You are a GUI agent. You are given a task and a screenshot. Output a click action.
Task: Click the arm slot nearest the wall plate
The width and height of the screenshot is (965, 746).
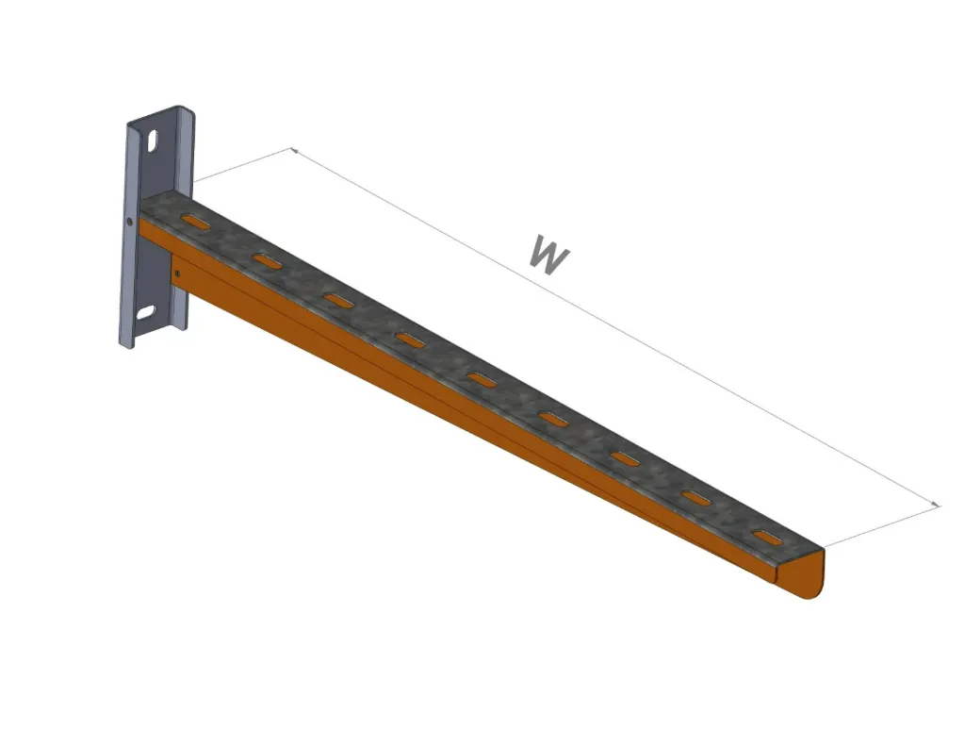click(197, 223)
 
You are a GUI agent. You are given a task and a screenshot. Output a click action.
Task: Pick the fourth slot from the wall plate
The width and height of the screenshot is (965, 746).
click(410, 340)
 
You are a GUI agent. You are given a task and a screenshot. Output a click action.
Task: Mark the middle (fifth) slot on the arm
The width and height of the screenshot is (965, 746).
click(482, 379)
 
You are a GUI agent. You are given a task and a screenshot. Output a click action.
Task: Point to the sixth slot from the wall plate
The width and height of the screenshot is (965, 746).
click(554, 419)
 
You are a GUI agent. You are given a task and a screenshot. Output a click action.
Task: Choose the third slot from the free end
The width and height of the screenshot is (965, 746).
click(625, 458)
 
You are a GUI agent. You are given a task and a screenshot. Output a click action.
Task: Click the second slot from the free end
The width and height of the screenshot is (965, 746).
click(696, 498)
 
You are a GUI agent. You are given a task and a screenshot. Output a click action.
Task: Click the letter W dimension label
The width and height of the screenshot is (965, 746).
click(548, 256)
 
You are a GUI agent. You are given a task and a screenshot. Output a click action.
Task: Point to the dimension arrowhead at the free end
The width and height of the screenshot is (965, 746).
click(936, 506)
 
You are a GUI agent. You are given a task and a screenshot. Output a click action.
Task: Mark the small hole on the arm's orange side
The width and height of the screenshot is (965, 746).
click(176, 274)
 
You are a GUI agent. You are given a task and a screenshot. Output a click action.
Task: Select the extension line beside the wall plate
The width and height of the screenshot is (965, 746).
click(240, 166)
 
